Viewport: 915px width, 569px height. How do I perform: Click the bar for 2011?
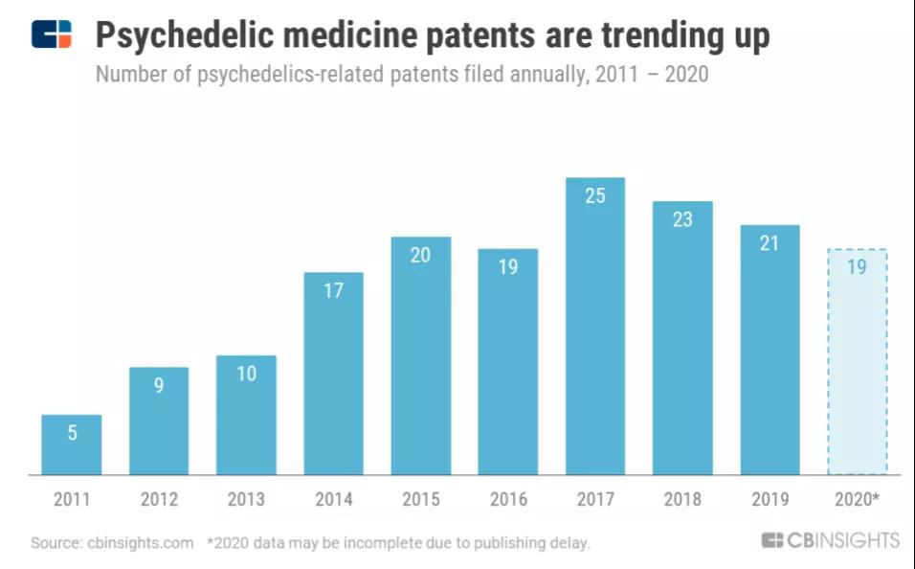point(72,444)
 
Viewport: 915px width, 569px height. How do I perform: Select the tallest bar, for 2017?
point(595,326)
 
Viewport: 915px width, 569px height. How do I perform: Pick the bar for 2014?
point(333,374)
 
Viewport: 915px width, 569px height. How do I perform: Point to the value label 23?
point(682,219)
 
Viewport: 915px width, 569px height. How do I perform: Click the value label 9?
point(159,385)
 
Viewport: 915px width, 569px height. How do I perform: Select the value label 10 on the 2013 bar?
point(246,374)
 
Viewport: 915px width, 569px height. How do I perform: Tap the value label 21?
point(770,243)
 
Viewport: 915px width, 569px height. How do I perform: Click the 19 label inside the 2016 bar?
point(508,267)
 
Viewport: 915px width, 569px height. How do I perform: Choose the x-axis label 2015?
point(420,499)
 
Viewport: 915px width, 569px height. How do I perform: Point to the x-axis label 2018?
point(682,499)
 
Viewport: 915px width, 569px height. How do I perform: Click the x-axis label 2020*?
point(857,499)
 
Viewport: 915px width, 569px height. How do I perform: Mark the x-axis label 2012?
point(159,499)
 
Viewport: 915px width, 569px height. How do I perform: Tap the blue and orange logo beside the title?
point(52,34)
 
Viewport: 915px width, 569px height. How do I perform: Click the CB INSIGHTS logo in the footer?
point(830,541)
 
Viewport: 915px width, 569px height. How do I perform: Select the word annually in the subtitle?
point(539,74)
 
